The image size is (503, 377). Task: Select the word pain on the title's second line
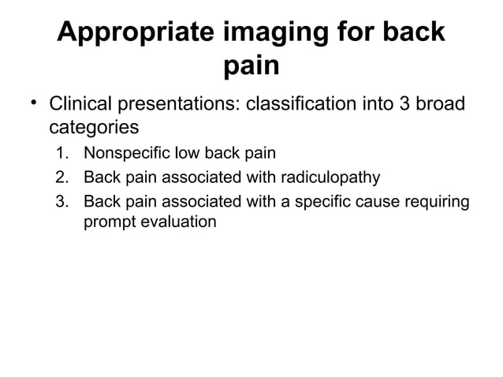[251, 67]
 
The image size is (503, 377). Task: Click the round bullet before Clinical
[33, 103]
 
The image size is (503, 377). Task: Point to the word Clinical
[78, 105]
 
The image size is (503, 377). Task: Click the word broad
[439, 105]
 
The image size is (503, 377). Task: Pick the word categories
[89, 127]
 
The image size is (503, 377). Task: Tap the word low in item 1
[181, 153]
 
